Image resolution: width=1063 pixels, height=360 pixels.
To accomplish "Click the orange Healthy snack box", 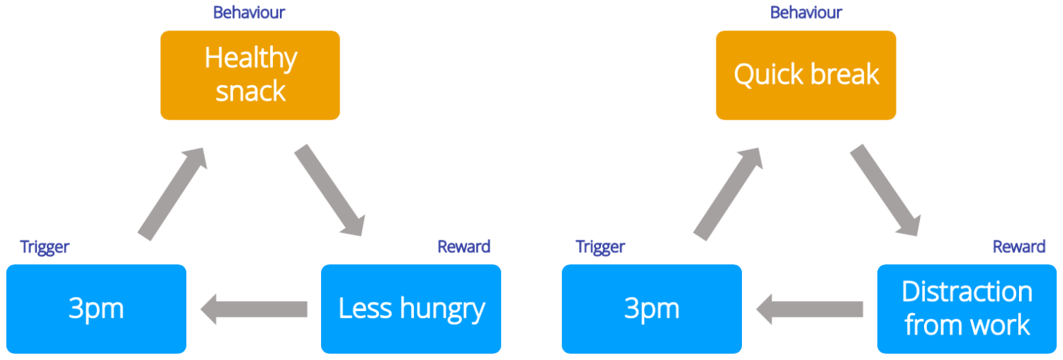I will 250,74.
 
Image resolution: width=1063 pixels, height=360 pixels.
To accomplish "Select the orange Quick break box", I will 806,74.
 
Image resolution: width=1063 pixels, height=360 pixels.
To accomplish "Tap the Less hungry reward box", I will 411,308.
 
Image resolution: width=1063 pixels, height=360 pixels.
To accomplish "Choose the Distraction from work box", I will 967,308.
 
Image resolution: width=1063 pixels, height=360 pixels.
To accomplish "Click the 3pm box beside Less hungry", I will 96,308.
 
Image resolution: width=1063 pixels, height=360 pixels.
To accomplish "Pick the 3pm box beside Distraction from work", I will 652,308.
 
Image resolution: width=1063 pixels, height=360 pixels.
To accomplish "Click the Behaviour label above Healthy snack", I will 249,13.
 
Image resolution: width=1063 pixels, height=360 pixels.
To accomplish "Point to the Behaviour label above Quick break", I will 806,13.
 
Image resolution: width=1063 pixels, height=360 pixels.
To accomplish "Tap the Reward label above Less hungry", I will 463,247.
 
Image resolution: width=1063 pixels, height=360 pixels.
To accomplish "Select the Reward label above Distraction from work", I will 1018,247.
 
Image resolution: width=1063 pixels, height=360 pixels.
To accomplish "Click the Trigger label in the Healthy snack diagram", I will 45,247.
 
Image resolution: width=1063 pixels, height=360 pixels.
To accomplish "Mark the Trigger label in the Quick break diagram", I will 600,247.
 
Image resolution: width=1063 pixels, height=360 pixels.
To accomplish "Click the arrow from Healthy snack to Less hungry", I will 329,190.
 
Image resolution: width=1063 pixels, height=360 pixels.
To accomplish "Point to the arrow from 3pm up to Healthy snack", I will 171,193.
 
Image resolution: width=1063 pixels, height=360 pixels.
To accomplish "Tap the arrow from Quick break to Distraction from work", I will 884,190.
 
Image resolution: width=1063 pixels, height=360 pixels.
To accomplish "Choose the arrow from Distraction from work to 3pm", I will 809,309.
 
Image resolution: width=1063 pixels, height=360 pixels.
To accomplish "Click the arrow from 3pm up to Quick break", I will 727,193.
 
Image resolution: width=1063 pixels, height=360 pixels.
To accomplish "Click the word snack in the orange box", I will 251,91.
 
